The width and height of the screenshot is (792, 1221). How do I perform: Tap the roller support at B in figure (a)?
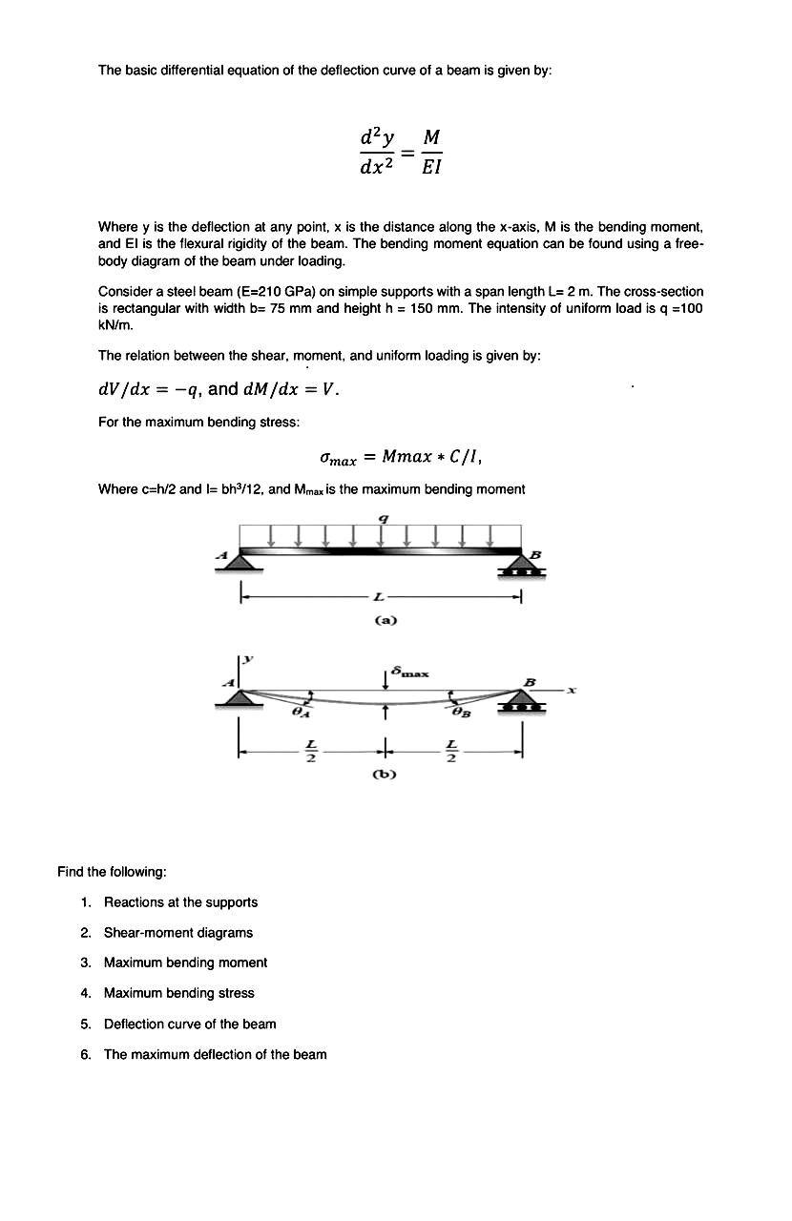point(521,569)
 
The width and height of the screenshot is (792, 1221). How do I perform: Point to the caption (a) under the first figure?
point(386,620)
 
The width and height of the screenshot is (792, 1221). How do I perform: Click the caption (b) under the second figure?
point(386,774)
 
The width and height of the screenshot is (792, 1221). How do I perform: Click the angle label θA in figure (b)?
point(301,712)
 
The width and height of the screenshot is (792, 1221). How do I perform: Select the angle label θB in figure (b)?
point(461,712)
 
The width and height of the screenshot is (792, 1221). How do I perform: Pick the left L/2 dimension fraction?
point(307,752)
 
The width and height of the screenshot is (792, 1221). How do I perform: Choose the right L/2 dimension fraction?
point(452,752)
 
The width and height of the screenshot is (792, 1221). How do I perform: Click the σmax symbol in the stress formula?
point(339,459)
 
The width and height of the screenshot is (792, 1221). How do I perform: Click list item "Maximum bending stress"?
point(178,993)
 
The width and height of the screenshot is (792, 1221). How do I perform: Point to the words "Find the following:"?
point(113,871)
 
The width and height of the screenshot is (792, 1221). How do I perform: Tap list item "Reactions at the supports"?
point(180,901)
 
